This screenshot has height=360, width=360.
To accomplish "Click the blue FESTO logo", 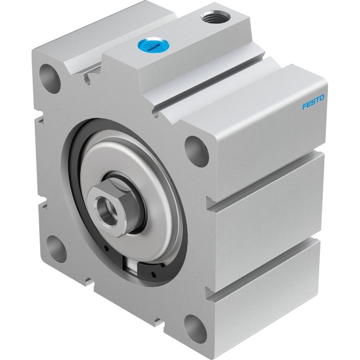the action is tap(313, 102).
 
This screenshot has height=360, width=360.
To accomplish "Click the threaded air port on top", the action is tap(215, 17).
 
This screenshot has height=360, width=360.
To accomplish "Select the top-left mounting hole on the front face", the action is tap(50, 78).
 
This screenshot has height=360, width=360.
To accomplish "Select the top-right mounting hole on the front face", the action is tap(197, 151).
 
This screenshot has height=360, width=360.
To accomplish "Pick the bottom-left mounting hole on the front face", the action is tap(57, 249).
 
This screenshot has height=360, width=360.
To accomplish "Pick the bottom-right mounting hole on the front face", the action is tap(195, 329).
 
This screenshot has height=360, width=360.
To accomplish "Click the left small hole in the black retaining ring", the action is tap(106, 248).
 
